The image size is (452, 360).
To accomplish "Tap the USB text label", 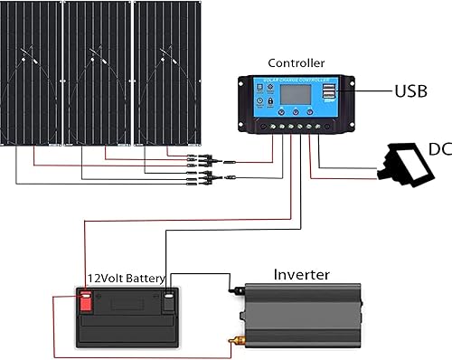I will click(413, 91).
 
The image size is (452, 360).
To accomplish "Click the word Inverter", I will click(301, 273).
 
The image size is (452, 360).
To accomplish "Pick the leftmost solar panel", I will click(31, 72).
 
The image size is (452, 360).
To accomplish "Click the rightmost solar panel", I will click(166, 72).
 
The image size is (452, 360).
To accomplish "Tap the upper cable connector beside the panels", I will click(203, 157).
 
